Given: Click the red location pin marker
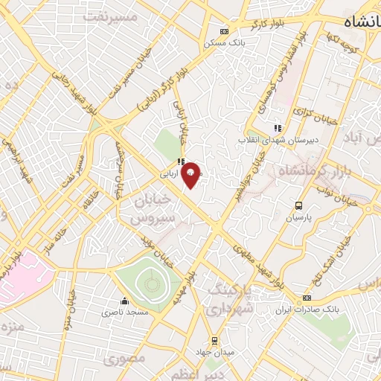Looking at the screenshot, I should coord(190,174).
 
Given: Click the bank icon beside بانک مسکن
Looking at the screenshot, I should coord(224,31).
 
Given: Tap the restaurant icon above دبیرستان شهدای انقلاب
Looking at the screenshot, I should coord(278,128).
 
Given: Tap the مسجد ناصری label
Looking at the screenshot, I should coord(124,313).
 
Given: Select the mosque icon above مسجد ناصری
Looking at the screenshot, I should coord(124,302).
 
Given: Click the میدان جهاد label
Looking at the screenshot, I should coord(214,352).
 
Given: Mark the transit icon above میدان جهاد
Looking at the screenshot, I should coord(214,341).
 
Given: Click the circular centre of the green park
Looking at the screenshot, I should coord(151,281).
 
